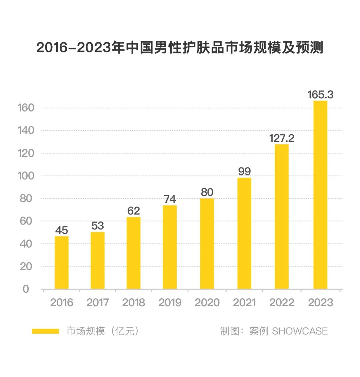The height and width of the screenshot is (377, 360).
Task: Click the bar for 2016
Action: (x=62, y=263)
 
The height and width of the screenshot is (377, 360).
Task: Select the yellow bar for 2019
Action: (x=170, y=247)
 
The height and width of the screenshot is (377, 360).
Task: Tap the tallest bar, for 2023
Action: (x=320, y=195)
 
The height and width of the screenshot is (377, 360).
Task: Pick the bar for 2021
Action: (x=244, y=233)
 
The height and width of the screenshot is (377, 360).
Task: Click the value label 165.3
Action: (x=320, y=95)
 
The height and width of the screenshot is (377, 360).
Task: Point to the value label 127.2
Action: (x=282, y=138)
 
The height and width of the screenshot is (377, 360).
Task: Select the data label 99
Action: (x=244, y=171)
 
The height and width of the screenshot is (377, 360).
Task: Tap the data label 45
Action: (x=62, y=230)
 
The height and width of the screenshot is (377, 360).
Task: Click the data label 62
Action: (x=134, y=211)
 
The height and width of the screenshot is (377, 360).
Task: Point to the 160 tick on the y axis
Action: (x=26, y=108)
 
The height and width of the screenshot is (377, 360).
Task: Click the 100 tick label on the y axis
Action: (x=26, y=176)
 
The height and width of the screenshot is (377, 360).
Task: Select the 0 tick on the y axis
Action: (x=26, y=289)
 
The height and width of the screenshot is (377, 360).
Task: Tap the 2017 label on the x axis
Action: (x=98, y=303)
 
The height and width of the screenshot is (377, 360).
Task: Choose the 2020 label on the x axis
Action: (x=207, y=303)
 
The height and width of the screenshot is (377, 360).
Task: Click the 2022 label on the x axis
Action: (x=282, y=303)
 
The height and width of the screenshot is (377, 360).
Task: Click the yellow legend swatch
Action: (x=45, y=331)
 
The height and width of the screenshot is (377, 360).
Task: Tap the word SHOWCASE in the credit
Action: (x=300, y=331)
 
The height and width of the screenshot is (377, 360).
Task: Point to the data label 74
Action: (x=170, y=199)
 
